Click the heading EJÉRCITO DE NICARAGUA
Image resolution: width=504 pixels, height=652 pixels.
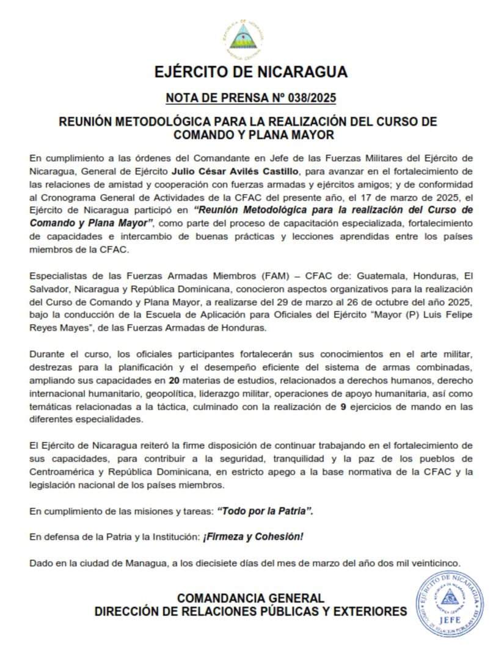point(251,72)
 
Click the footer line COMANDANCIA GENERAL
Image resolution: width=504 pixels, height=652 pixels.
point(250,598)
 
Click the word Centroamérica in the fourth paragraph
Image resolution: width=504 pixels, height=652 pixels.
point(60,473)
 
